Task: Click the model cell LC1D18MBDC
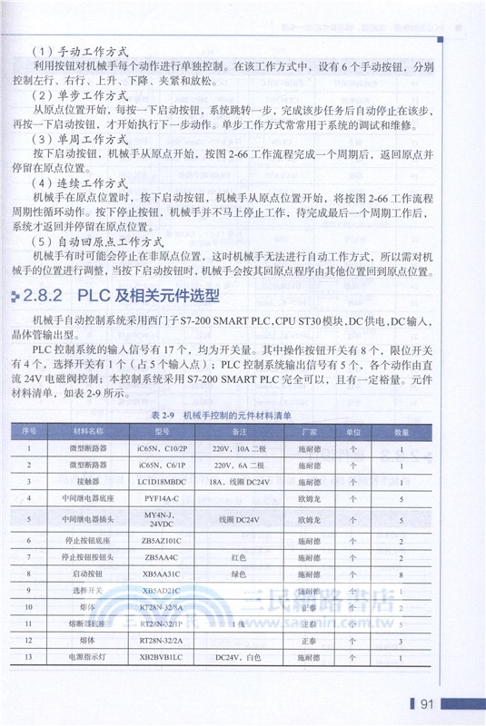pos(163,481)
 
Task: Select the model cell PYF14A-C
pos(163,498)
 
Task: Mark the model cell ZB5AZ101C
pos(163,541)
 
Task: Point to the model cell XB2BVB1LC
pos(163,656)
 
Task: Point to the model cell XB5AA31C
pos(163,574)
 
